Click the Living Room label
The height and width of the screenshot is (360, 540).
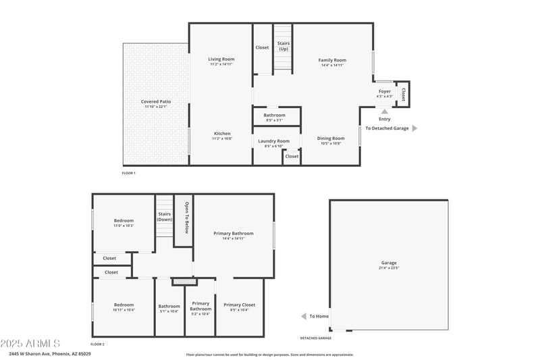pos(221,60)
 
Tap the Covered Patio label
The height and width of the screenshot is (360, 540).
pos(155,101)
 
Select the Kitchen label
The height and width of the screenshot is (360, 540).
pos(222,133)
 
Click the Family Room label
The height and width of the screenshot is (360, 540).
pos(332,60)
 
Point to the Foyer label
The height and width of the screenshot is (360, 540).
pos(384,91)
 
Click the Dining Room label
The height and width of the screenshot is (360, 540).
pos(331,138)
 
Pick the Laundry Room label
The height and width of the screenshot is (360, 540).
pos(273,141)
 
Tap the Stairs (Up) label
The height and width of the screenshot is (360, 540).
pos(283,46)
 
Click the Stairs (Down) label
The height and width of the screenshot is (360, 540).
pos(165,217)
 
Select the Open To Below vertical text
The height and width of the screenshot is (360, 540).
pos(185,221)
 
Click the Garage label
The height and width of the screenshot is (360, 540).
pos(389,263)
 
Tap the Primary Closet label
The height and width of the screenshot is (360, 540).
pos(239,305)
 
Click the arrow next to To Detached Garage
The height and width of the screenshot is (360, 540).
pos(414,128)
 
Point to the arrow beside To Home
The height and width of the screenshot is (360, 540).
pos(303,316)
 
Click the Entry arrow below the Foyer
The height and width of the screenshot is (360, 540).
pos(384,111)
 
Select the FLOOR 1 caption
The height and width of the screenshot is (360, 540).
pos(128,174)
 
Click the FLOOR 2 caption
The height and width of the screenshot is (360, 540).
pos(98,344)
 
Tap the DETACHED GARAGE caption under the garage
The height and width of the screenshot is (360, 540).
pos(316,338)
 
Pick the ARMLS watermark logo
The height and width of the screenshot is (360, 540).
pos(30,344)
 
